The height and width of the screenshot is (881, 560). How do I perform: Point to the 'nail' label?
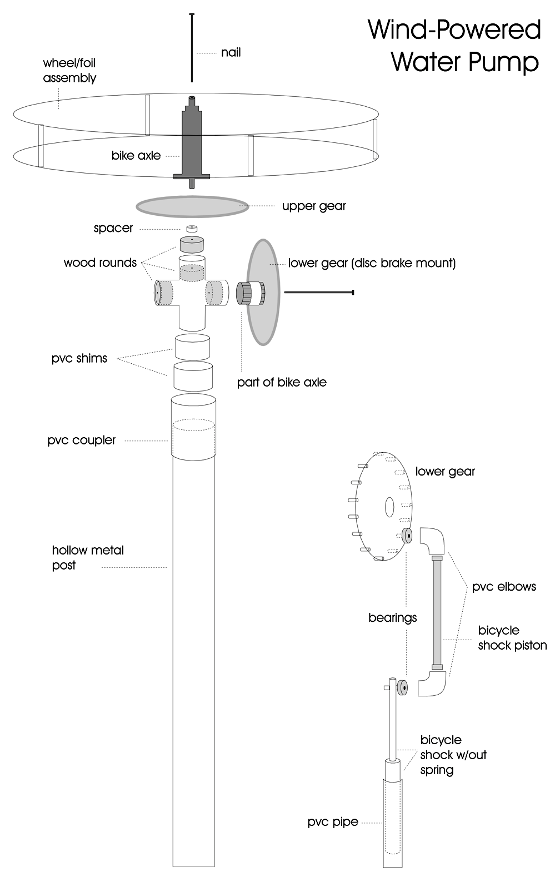point(231,53)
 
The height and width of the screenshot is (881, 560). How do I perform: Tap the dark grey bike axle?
point(192,139)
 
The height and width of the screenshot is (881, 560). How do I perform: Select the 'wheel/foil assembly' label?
point(69,71)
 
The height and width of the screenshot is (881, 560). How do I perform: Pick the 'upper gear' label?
point(314,206)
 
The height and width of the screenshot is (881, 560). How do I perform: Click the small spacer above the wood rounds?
point(192,229)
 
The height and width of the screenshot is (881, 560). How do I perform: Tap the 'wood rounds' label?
point(100,263)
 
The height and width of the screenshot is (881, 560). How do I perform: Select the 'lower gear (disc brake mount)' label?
point(372,263)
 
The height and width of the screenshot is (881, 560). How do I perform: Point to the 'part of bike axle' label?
point(282,383)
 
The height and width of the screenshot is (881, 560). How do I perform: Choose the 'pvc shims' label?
point(79,358)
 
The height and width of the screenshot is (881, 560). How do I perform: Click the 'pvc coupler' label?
point(82,441)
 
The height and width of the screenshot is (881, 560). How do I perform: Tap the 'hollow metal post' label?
point(88,558)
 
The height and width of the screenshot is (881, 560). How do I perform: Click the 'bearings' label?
point(392,618)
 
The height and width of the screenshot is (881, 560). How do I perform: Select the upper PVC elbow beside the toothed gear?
point(432,540)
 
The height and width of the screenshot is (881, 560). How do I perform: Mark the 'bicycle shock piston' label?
point(512,638)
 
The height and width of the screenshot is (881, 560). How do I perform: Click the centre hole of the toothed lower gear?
point(389,506)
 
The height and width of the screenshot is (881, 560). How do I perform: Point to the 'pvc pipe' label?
point(333,822)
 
